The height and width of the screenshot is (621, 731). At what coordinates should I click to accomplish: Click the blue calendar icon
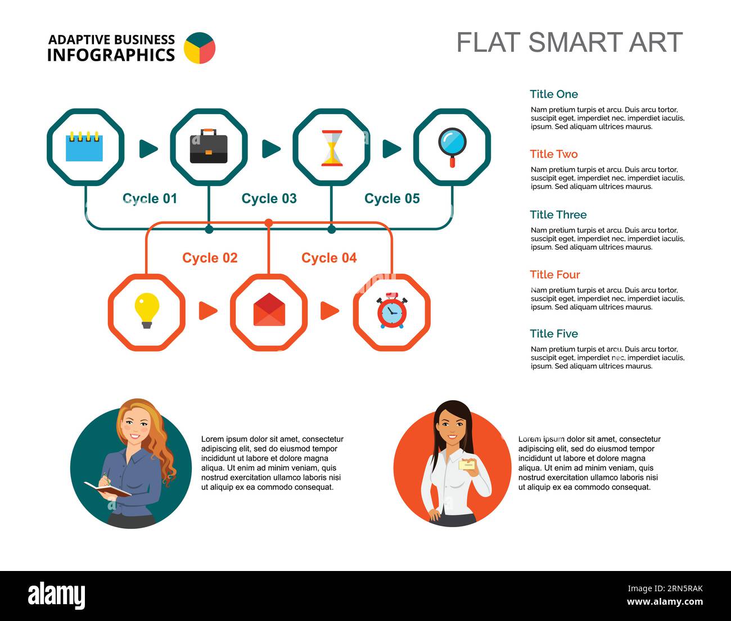[84, 147]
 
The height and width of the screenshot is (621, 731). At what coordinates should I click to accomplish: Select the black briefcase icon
[209, 147]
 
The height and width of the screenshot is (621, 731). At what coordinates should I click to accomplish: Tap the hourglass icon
[332, 148]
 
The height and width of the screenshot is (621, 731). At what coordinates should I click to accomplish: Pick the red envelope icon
[269, 310]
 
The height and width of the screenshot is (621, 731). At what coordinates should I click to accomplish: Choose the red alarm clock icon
[391, 310]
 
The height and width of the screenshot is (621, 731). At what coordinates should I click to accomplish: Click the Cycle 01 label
[150, 198]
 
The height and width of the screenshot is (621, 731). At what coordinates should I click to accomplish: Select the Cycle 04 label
[329, 258]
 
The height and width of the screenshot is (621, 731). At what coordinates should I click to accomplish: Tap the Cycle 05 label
[392, 198]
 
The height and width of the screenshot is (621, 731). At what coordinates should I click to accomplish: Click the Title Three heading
[558, 215]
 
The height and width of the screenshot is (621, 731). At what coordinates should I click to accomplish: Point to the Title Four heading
[554, 275]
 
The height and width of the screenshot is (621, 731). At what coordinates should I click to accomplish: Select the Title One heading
[553, 94]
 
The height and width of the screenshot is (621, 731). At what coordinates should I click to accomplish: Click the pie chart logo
[200, 48]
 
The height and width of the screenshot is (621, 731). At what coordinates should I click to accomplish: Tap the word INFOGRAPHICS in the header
[111, 55]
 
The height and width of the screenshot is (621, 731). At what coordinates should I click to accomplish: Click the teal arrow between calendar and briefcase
[148, 149]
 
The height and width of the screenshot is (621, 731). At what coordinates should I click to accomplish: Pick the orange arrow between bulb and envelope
[207, 310]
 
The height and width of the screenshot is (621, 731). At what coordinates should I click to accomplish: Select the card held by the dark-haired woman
[467, 465]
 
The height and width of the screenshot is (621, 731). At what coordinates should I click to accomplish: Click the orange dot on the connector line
[269, 223]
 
